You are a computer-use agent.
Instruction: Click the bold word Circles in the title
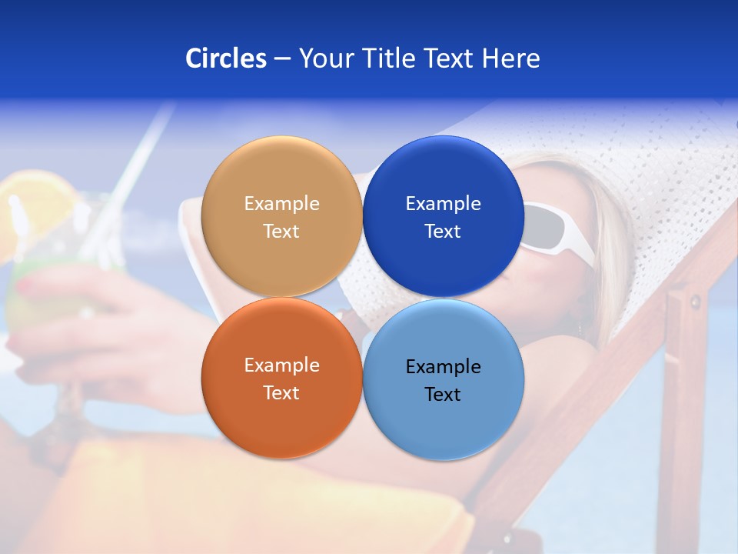point(226,58)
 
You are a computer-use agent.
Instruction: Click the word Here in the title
point(511,58)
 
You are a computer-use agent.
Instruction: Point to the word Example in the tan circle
point(281,204)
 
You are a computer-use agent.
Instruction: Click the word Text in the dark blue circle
point(443,232)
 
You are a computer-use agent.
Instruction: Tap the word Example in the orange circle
point(281,365)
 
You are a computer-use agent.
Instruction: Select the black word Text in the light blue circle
point(443,395)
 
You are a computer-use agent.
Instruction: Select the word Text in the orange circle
point(281,393)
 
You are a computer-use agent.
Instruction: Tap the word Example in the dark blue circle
point(443,204)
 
